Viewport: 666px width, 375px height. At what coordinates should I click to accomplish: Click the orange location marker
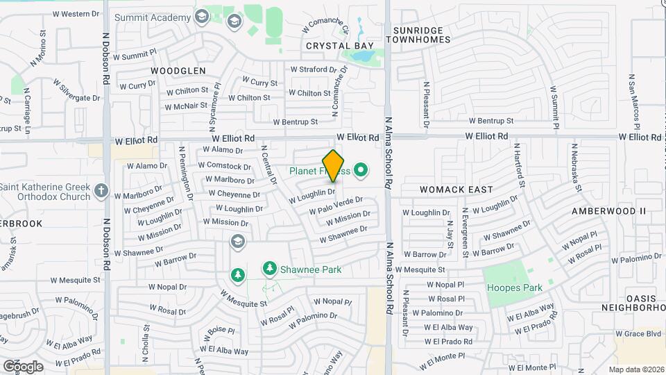pos(334,166)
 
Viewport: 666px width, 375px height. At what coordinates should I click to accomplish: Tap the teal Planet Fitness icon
pos(360,169)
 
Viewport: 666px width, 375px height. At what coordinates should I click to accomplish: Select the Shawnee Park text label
pos(311,269)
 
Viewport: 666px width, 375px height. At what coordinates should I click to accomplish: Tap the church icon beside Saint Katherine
pos(101,190)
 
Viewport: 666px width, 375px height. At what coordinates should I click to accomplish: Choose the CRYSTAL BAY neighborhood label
pos(335,46)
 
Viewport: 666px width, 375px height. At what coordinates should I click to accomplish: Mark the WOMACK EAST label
pos(456,189)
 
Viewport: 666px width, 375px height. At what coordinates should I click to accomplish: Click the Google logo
pos(23,366)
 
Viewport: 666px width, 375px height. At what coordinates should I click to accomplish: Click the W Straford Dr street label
pos(317,69)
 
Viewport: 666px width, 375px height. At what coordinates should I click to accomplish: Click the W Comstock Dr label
pos(224,166)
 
